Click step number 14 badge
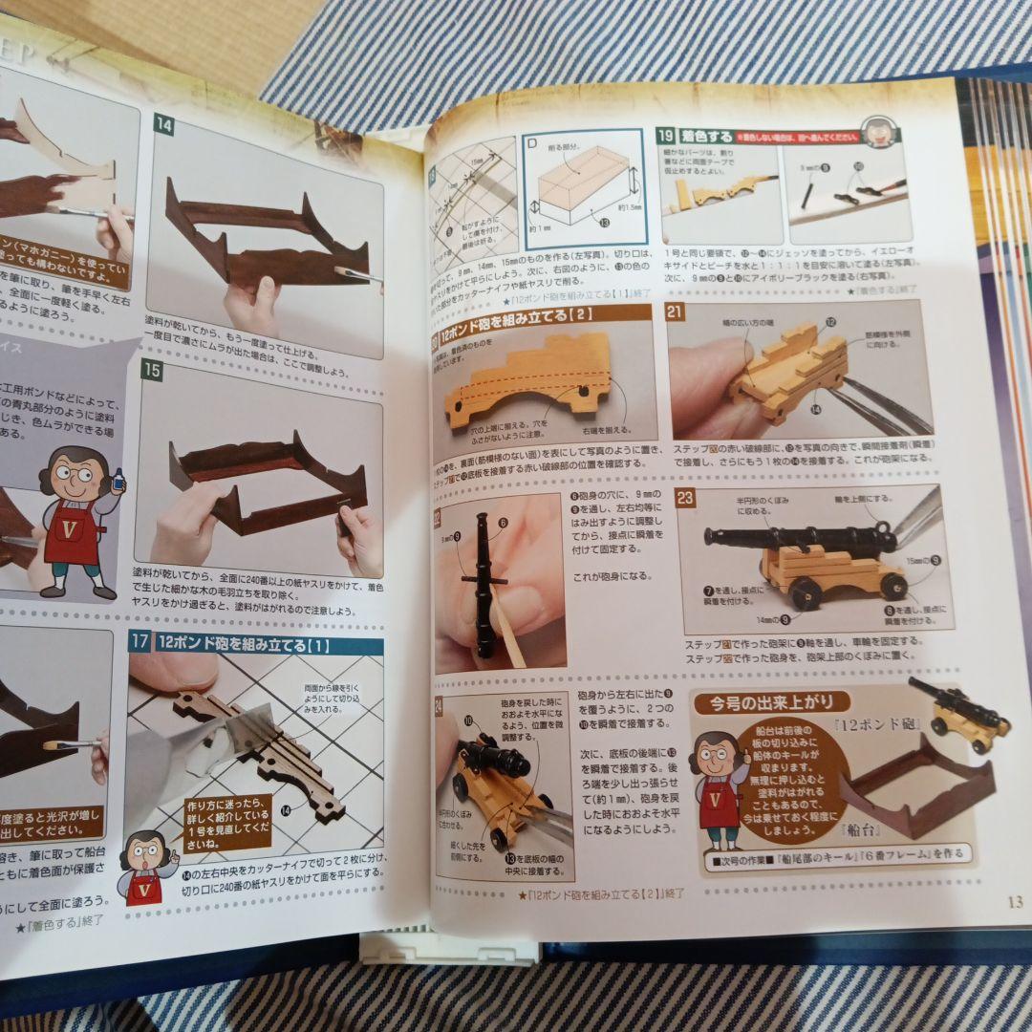pos(163,124)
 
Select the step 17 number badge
pos(139,642)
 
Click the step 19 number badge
pos(666,136)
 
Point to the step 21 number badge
pos(676,311)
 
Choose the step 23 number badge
pos(684,498)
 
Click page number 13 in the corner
pos(1015,901)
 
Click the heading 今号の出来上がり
pos(770,703)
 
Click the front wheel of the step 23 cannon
pos(806,592)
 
